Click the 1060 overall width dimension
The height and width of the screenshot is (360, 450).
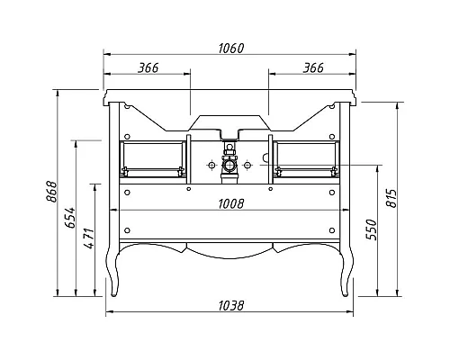[x=231, y=48]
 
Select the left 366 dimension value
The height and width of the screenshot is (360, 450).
[x=148, y=67]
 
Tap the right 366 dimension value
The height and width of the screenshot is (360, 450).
[x=313, y=67]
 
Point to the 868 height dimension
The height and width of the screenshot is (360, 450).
[x=51, y=192]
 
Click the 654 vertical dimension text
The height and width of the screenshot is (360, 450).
[x=70, y=218]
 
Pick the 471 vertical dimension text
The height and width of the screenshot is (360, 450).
[x=89, y=238]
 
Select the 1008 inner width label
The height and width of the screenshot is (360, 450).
[x=231, y=204]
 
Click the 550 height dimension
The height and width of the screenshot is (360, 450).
[x=371, y=229]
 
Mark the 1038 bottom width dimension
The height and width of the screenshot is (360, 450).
[x=231, y=306]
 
